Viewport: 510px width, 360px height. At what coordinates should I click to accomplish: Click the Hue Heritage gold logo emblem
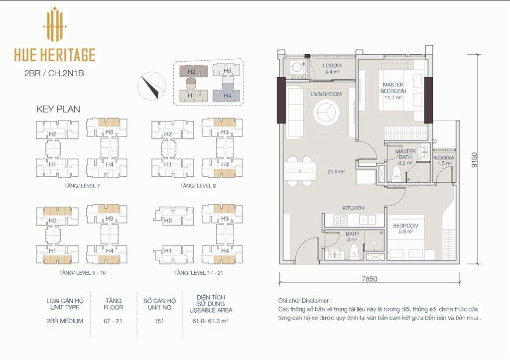click(x=55, y=24)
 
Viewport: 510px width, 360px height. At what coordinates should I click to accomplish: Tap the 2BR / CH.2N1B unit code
click(x=54, y=74)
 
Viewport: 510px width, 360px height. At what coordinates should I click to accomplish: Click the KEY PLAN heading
click(x=58, y=109)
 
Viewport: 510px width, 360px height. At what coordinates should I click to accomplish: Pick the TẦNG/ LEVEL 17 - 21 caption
click(x=198, y=272)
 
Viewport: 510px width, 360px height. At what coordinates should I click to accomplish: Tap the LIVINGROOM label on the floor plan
click(x=326, y=94)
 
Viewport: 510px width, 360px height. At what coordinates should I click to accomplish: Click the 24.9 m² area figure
click(x=336, y=171)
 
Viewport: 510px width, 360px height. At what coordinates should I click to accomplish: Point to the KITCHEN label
click(x=353, y=208)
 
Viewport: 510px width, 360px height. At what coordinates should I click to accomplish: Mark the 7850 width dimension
click(x=370, y=279)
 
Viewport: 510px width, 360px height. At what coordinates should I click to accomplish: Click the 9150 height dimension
click(x=475, y=160)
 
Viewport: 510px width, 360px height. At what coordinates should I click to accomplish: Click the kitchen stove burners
click(x=340, y=220)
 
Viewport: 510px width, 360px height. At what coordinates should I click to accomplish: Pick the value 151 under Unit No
click(x=159, y=321)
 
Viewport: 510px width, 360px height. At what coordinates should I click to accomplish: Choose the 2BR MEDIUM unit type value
click(x=65, y=321)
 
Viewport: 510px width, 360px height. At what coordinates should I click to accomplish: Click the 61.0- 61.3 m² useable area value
click(x=211, y=321)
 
